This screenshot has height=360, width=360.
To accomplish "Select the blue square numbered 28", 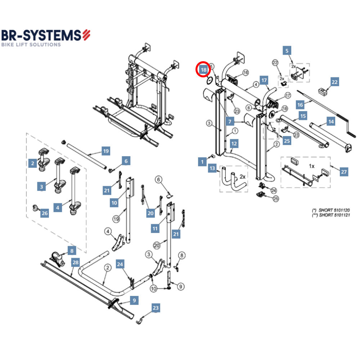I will coord(75,262).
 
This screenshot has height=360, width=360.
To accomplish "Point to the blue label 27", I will coord(344,172).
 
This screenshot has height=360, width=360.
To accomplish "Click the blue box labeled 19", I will coord(105,151).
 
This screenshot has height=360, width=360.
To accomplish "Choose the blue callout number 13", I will coord(212,168).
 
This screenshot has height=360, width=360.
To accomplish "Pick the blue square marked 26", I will coord(44,213).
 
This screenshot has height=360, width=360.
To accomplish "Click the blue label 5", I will coord(287,50).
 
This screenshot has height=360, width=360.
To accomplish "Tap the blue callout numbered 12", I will coord(234,144).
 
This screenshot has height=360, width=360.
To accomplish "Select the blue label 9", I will coord(134,300).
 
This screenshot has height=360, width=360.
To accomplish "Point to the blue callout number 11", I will coord(155,228).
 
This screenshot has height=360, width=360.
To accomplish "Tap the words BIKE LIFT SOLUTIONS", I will coord(31,45).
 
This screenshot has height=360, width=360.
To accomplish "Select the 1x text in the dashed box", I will coord(312,166).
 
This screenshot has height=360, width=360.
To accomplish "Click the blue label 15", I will coord(303,116).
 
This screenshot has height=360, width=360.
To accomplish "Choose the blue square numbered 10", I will coord(114,203).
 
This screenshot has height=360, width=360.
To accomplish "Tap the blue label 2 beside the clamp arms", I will coord(32,163).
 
